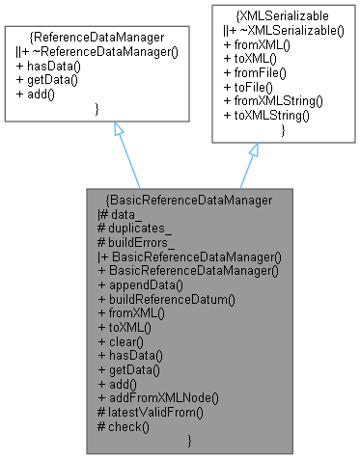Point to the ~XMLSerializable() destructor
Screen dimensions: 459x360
pyautogui.click(x=265, y=31)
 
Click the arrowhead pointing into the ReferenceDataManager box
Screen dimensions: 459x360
pyautogui.click(x=117, y=129)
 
